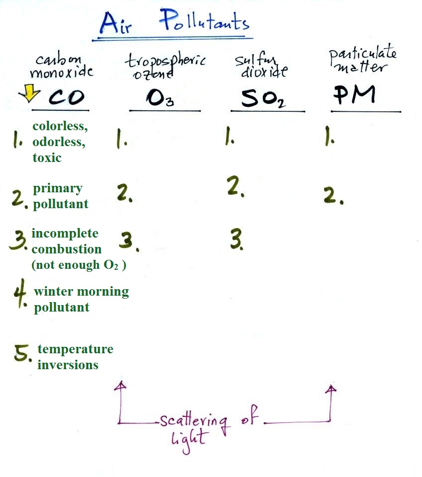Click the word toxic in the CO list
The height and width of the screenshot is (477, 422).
coord(47,158)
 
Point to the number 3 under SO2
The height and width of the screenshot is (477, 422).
coord(236,240)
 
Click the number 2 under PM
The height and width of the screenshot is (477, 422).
coord(331,197)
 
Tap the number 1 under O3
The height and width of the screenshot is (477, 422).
coord(121,141)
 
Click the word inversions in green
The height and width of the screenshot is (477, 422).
coord(68,365)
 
